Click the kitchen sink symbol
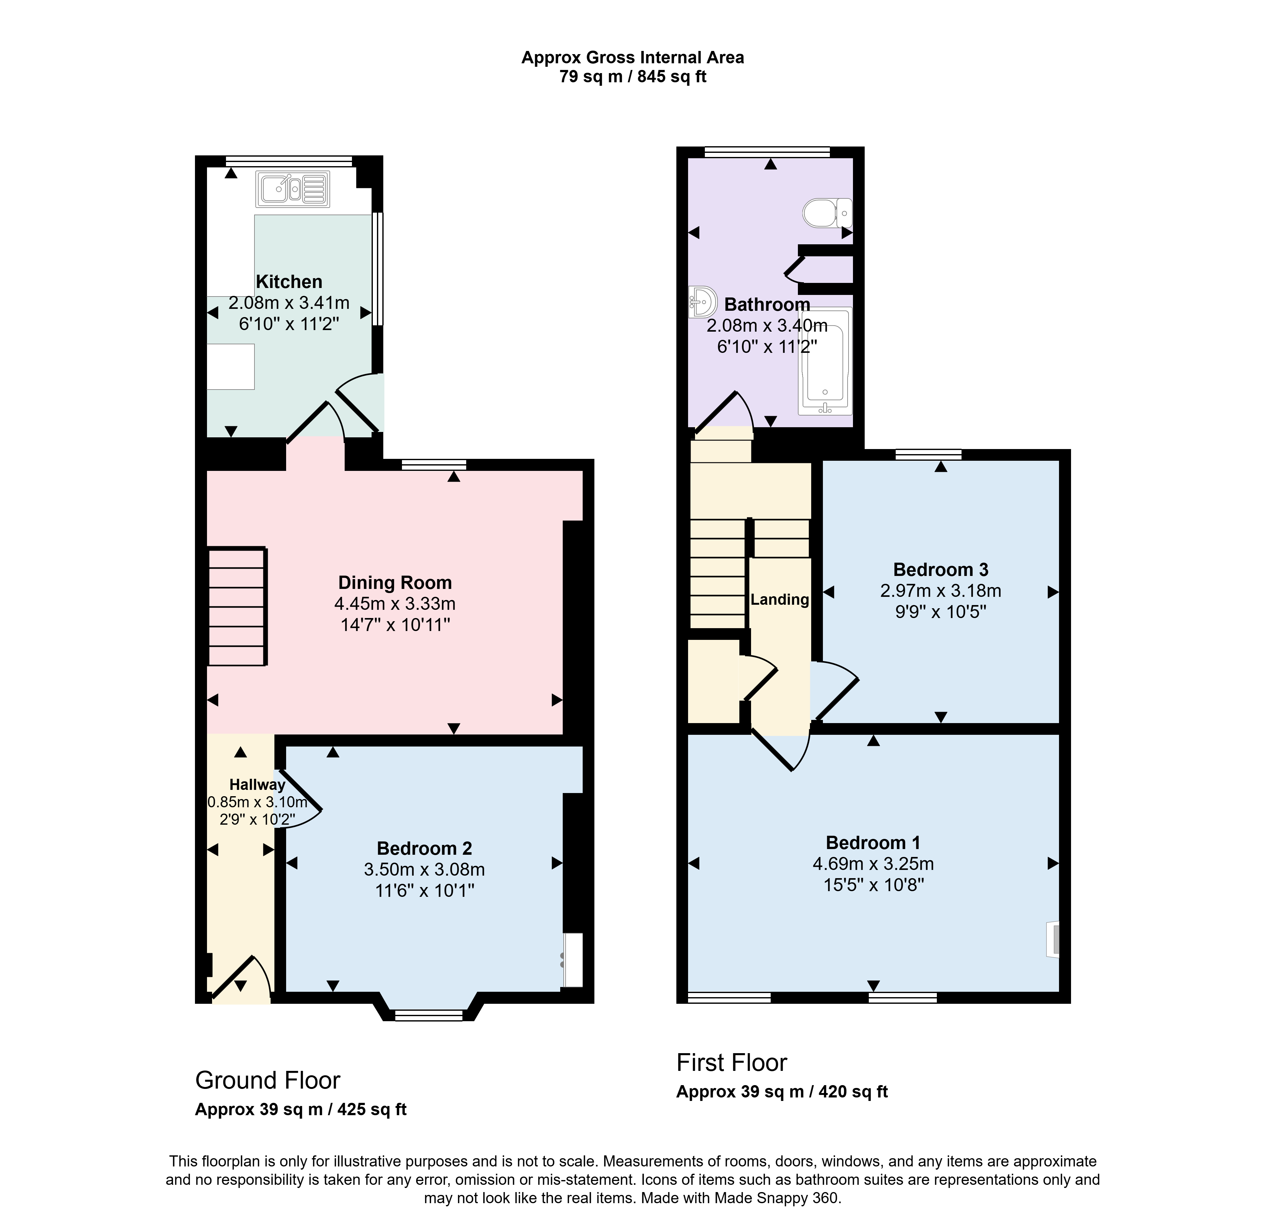click(293, 189)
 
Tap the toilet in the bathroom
click(828, 213)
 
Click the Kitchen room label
click(289, 282)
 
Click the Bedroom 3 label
click(941, 570)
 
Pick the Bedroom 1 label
click(873, 843)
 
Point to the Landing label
click(780, 599)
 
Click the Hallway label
click(257, 785)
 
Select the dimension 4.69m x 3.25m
click(873, 864)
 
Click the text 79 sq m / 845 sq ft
click(633, 77)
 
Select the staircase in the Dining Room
click(237, 606)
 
